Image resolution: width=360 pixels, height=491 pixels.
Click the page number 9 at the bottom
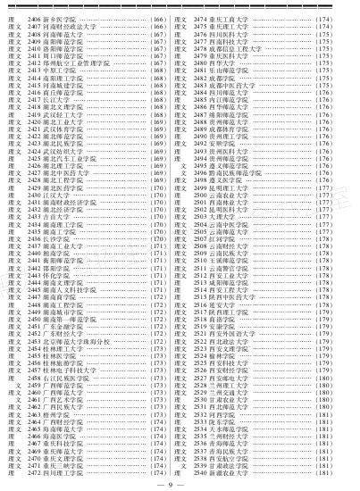click(x=180, y=484)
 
